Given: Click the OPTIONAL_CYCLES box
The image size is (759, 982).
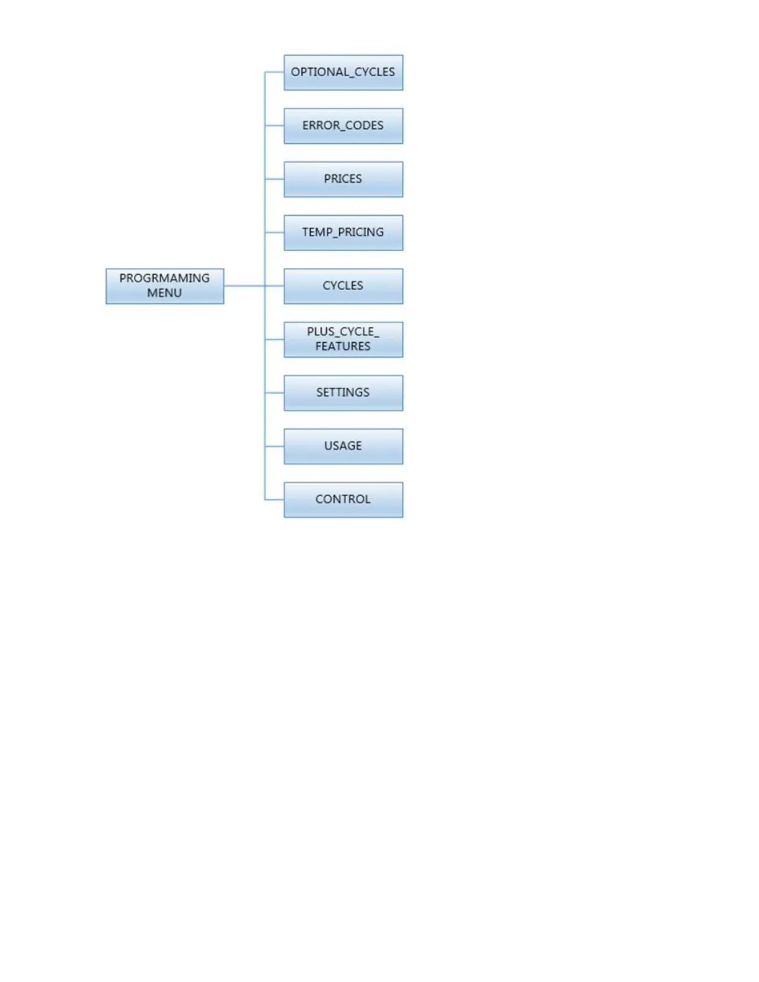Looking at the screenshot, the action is (343, 73).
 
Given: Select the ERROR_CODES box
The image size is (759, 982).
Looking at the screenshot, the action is (343, 126).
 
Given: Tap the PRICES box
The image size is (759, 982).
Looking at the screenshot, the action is (343, 179).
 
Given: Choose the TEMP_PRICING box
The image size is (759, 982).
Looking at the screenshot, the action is (343, 232).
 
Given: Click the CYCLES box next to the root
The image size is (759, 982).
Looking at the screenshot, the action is (343, 286).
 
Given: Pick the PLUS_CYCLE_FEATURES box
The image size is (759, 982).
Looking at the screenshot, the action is (343, 339).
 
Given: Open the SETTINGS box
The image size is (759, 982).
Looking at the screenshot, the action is (343, 392).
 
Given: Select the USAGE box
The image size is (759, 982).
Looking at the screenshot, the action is (343, 446).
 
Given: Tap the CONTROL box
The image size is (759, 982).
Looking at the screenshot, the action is (343, 499).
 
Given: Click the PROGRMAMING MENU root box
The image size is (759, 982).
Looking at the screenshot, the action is (164, 286).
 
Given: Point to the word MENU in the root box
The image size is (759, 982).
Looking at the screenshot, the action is (164, 293).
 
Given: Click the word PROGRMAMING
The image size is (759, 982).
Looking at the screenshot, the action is (164, 278).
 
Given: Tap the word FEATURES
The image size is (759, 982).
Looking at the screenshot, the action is (343, 347).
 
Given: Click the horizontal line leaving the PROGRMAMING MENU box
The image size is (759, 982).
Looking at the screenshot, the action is (244, 286).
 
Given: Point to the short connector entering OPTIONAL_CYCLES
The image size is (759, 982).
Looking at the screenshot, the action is (275, 73).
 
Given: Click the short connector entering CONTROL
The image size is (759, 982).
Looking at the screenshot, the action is (275, 499).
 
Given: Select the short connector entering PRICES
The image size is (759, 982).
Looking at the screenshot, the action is (275, 179).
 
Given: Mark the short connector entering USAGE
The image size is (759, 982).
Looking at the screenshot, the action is (275, 446).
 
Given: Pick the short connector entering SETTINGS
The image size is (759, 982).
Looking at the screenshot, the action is (275, 392).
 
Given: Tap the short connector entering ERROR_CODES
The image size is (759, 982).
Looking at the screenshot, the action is (275, 126).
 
